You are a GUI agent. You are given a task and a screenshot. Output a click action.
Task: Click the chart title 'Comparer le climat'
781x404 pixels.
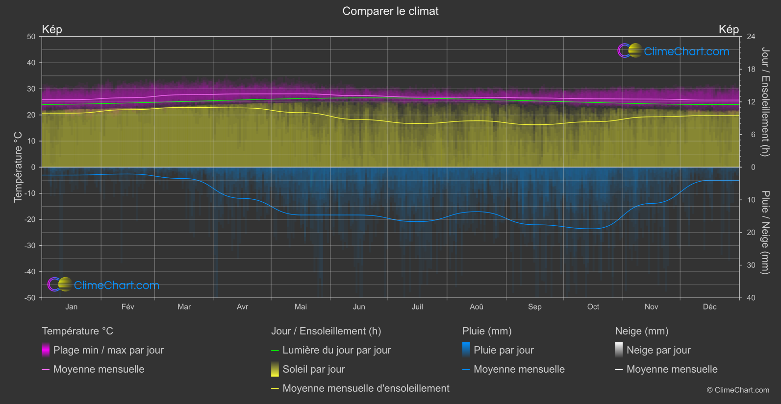click(390, 11)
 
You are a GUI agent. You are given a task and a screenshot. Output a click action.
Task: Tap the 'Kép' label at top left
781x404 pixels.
click(52, 29)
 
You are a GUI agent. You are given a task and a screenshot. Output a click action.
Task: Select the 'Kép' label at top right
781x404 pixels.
click(729, 29)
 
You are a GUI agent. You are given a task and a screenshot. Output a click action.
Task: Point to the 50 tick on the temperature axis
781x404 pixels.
click(31, 37)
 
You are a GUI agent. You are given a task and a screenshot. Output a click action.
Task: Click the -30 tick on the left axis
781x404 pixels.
click(30, 246)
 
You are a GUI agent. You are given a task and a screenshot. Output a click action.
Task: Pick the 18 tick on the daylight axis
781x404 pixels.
click(751, 70)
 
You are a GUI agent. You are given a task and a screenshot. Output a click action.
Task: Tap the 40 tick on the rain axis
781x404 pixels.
click(751, 298)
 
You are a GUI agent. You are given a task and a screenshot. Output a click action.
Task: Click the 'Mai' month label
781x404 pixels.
click(301, 307)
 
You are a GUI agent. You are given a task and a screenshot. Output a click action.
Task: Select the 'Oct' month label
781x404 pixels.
click(593, 307)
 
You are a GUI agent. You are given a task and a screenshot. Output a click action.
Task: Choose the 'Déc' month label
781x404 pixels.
click(709, 307)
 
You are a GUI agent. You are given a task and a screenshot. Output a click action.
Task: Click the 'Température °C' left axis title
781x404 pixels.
click(18, 167)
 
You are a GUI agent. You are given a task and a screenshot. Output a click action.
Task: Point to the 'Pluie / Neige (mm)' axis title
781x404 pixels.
click(765, 233)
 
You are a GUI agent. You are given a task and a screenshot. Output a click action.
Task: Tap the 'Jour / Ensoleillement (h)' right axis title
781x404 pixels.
click(765, 102)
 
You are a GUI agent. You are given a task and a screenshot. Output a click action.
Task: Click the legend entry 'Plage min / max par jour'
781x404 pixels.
click(108, 350)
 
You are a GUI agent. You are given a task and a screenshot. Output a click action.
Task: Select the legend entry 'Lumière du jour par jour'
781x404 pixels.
click(336, 350)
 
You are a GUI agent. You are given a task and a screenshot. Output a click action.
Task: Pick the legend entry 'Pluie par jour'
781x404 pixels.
click(504, 350)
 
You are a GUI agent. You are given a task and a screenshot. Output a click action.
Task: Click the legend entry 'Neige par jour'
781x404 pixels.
click(658, 350)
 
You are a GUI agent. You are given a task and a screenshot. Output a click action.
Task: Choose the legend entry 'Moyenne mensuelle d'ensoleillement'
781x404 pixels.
click(366, 388)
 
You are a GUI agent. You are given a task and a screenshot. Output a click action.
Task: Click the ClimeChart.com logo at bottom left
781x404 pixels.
click(103, 285)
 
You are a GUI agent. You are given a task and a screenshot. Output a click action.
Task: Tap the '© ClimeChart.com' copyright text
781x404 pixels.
click(738, 390)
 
